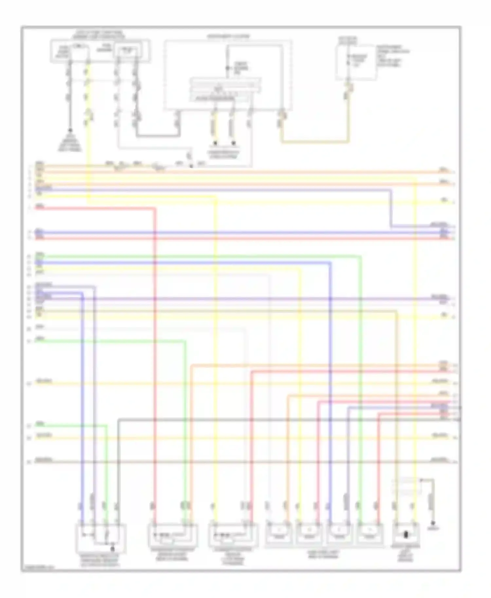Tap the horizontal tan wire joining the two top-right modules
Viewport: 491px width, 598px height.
coord(314,142)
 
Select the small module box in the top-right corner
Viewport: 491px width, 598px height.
coord(355,62)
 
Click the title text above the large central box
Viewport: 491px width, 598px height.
coord(228,36)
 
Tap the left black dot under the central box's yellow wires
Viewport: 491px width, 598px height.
coord(215,143)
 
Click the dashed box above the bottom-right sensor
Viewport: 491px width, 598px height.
coord(407,486)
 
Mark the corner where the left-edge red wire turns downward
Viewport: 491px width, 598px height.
coord(155,208)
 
